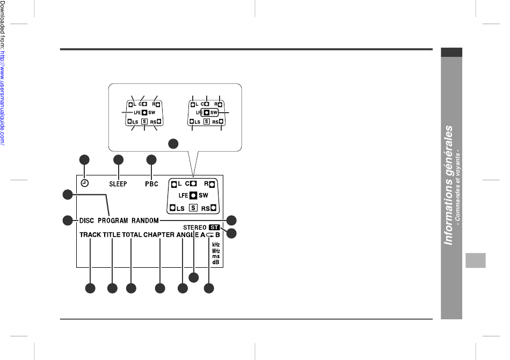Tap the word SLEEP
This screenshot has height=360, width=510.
tap(118, 184)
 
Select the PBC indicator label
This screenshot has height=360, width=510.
tap(151, 184)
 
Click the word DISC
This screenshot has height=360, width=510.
tap(87, 221)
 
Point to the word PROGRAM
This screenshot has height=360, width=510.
tap(113, 221)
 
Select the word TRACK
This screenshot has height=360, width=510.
tap(90, 235)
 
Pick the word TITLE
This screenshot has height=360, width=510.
tap(112, 235)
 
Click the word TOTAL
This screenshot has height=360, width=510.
tap(131, 235)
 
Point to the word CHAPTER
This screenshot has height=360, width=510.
tap(159, 235)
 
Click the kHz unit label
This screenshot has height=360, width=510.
tap(216, 245)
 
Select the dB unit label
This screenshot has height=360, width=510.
tap(216, 262)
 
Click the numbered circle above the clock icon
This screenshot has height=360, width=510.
tap(84, 159)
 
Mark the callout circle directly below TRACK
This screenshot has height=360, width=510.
tap(90, 289)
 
